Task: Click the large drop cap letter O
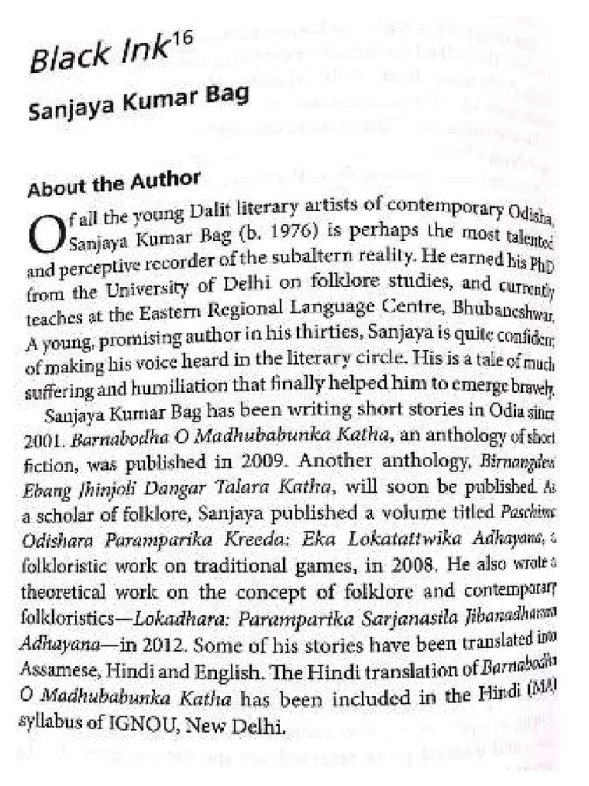(x=44, y=231)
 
